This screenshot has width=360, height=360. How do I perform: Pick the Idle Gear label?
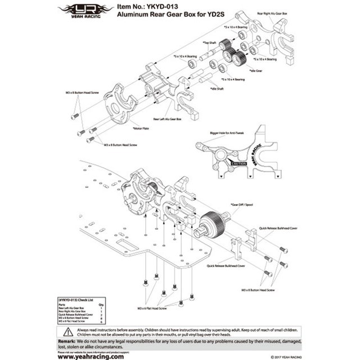tap(256, 70)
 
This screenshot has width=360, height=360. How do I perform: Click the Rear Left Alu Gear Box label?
tap(168, 119)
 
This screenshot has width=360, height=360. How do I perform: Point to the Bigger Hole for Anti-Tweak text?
tap(225, 133)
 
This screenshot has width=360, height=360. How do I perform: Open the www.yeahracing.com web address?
tap(89, 355)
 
